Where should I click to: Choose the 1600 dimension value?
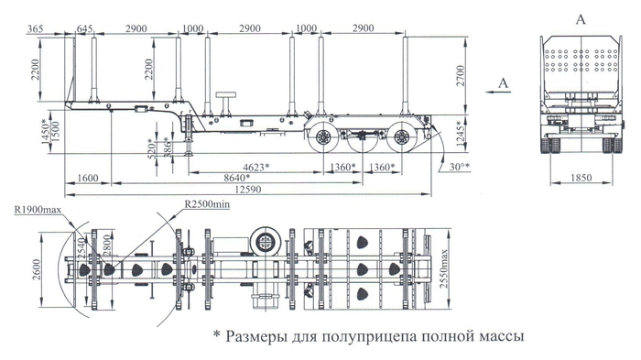click(x=88, y=177)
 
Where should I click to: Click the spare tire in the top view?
click(x=267, y=244)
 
